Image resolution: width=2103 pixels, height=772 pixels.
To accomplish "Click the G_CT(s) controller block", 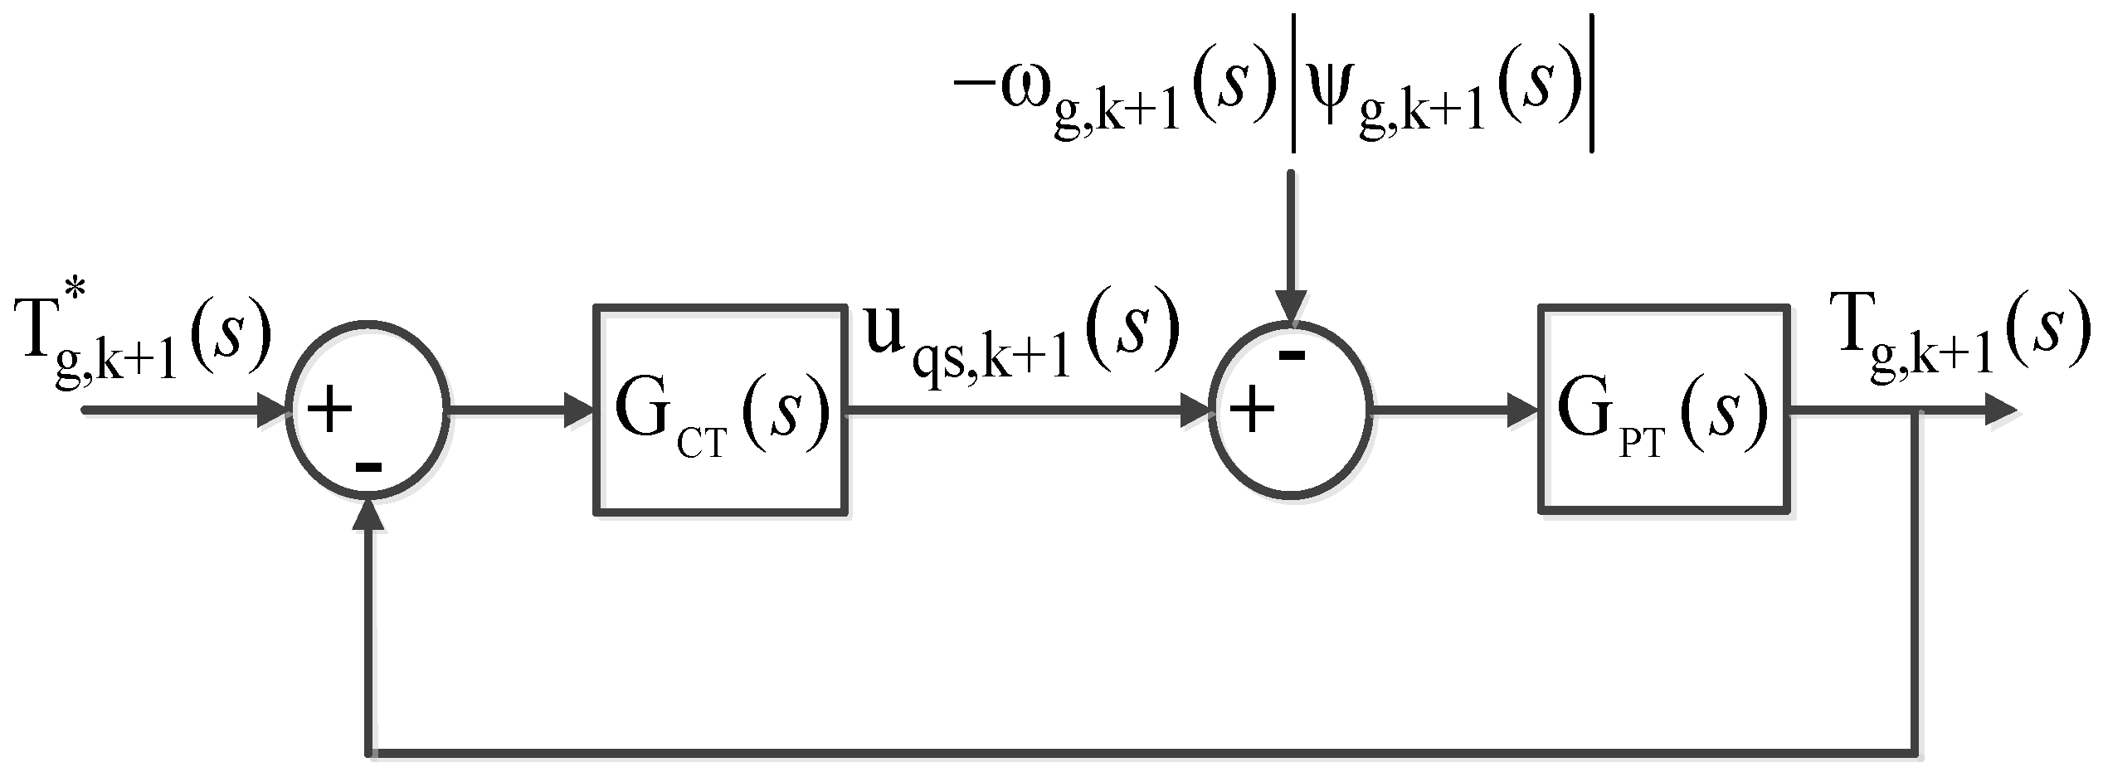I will point(720,410).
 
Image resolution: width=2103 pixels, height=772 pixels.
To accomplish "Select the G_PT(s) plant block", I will point(1664,410).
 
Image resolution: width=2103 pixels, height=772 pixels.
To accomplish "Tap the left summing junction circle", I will point(368,410).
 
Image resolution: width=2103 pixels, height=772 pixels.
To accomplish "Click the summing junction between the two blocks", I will point(1290,410).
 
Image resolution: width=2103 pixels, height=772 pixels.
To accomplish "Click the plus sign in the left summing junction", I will point(329,410).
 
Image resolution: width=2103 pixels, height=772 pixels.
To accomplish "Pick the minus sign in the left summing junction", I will point(368,466).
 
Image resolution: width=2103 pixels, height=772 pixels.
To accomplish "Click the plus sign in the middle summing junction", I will point(1252,410).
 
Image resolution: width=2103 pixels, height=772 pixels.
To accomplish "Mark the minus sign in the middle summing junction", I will point(1292,356).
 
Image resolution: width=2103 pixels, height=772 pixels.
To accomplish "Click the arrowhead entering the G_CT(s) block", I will point(578,410).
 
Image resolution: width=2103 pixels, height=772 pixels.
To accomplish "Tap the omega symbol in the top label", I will point(1025,90).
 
